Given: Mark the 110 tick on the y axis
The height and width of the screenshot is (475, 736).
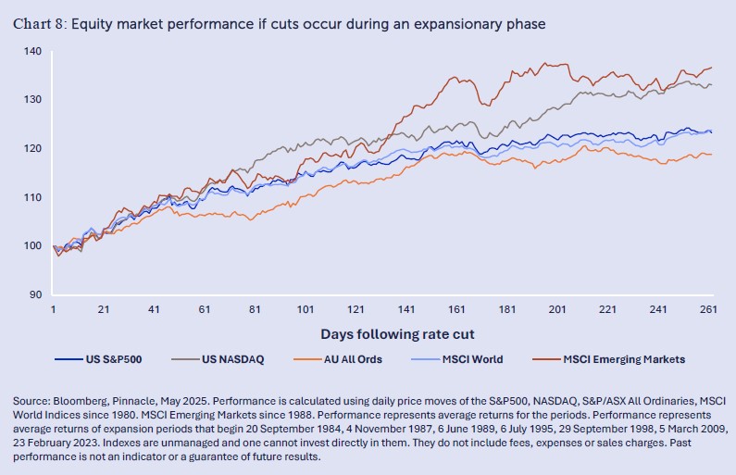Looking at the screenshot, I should tap(33, 197).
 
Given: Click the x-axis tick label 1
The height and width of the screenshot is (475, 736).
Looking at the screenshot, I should tap(54, 309).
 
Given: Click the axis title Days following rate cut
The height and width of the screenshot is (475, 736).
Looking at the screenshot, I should tap(380, 332).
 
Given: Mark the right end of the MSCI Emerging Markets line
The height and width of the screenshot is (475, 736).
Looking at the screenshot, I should tap(711, 68).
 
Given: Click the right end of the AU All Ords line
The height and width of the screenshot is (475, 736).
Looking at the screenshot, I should tap(711, 154).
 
